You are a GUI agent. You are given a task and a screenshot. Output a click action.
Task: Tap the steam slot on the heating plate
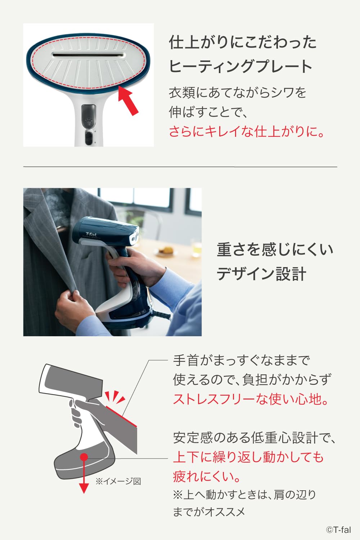coord(88,55)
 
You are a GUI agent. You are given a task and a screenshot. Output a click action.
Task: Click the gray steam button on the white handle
coord(89,116)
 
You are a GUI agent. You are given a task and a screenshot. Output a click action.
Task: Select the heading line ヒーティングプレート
coord(240,67)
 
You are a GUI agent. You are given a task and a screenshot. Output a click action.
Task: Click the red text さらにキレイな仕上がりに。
coord(247,131)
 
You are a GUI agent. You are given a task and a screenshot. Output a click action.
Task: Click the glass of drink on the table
coord(197,248)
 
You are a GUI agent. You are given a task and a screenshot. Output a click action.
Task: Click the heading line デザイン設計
coord(261,274)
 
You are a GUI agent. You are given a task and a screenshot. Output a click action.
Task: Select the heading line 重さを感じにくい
coord(275,249)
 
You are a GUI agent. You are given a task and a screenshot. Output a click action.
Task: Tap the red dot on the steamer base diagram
coord(84,457)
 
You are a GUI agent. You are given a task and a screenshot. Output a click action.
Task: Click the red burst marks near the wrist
coord(115,398)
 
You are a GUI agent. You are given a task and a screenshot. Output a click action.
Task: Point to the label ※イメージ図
coord(118,481)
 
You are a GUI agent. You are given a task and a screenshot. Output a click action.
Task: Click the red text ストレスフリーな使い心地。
coord(251,399)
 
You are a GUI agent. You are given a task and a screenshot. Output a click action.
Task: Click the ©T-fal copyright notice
coord(338,530)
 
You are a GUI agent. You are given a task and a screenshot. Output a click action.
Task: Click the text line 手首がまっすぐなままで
coord(241,360)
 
